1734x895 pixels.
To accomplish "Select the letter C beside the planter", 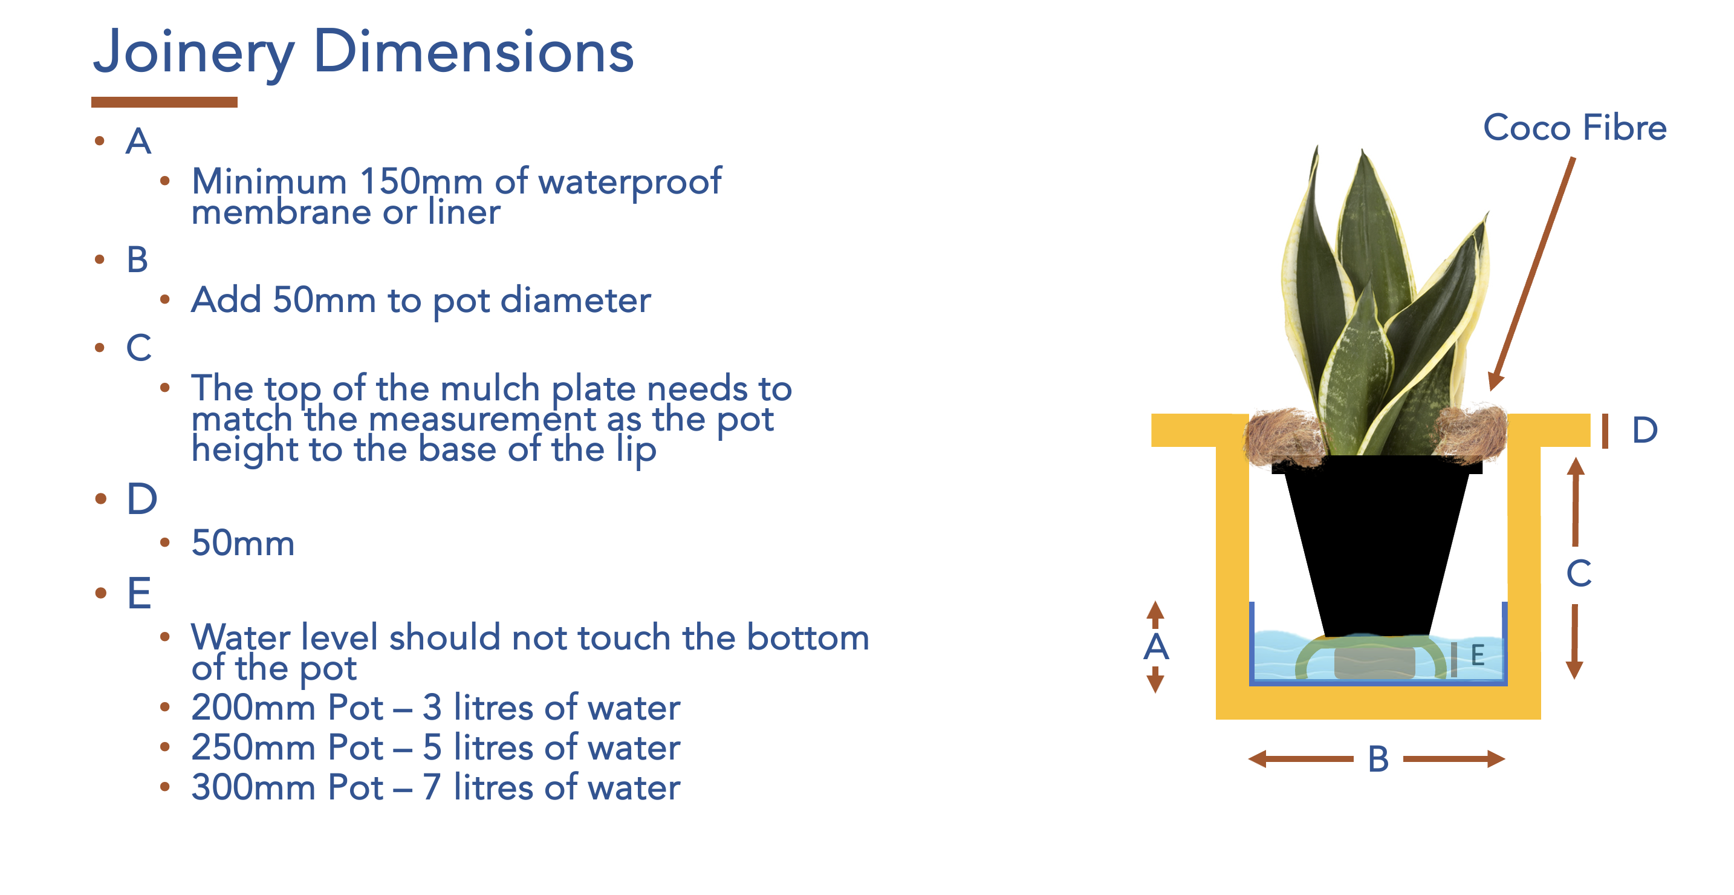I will tap(1579, 574).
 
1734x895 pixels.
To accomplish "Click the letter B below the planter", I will tap(1378, 759).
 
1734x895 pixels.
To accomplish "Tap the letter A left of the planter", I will tap(1156, 646).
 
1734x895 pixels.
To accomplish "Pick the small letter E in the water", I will tap(1478, 654).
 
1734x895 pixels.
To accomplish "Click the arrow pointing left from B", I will tap(1299, 759).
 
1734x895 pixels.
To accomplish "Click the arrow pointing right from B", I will tap(1454, 759).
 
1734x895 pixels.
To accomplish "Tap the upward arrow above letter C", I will tap(1575, 502).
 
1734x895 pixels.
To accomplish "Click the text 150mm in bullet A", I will tap(421, 181).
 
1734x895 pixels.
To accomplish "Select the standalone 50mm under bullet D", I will tap(243, 543).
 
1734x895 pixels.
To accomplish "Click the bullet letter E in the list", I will tap(139, 593).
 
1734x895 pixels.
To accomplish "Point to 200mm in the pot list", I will tap(253, 707).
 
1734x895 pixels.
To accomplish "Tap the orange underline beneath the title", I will tap(164, 102).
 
